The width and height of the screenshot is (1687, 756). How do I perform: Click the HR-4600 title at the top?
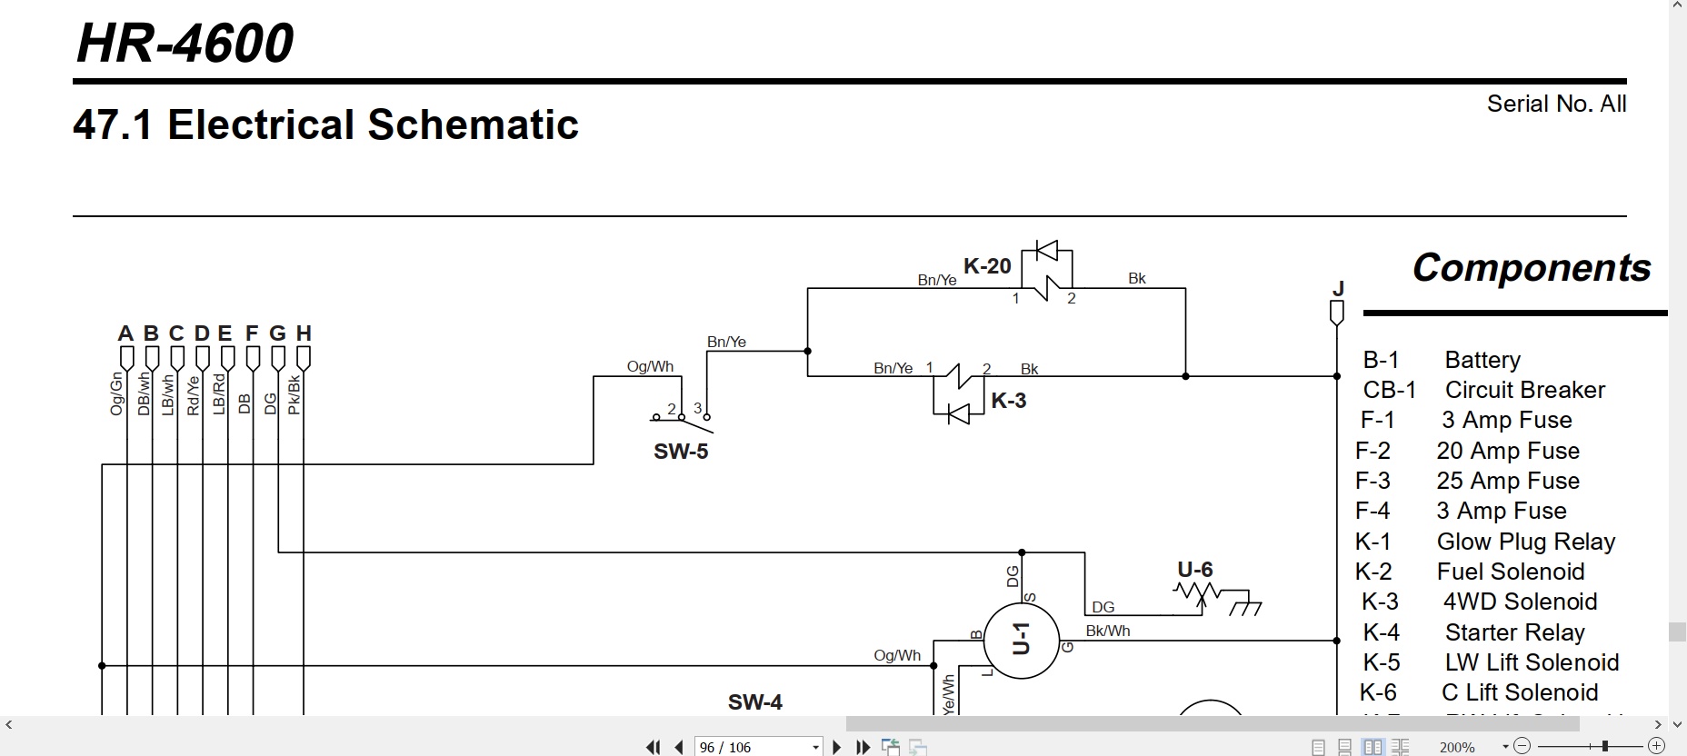[x=185, y=43]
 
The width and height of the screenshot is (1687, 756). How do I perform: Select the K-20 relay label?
[x=987, y=266]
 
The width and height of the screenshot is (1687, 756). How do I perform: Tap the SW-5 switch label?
[x=681, y=452]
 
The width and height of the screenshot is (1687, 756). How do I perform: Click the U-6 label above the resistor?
[x=1195, y=570]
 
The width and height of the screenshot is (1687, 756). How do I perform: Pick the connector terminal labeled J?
[x=1337, y=313]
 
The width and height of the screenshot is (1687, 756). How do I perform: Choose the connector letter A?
[x=125, y=333]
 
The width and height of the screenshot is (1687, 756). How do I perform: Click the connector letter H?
[x=304, y=333]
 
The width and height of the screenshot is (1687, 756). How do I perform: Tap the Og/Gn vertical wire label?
[x=116, y=394]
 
